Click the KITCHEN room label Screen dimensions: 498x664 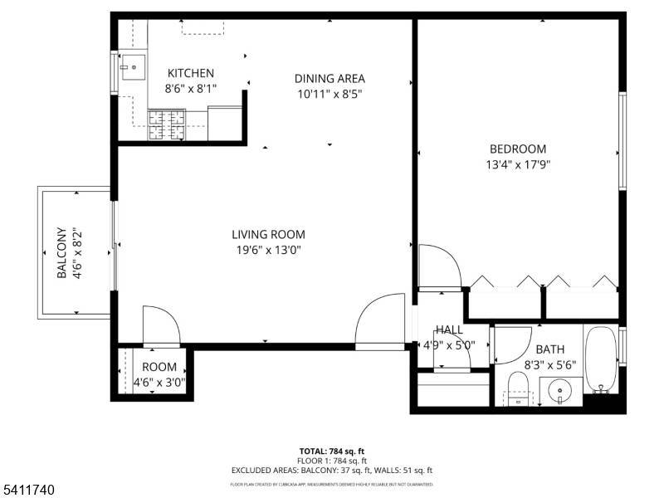190,73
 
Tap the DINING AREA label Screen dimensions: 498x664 330,79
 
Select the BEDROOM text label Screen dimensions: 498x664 517,149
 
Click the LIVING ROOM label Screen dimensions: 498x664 268,235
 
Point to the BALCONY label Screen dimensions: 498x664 61,253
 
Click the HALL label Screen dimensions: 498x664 449,330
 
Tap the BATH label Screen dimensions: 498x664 549,349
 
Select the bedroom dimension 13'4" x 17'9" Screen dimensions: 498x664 518,164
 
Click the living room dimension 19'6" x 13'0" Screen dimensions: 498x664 268,250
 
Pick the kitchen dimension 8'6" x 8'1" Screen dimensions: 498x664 190,88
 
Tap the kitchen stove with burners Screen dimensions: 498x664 166,124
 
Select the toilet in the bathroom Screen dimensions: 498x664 518,388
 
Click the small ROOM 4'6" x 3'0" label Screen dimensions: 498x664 159,374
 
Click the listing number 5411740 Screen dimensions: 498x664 28,491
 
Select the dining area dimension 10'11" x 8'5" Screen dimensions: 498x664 330,94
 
